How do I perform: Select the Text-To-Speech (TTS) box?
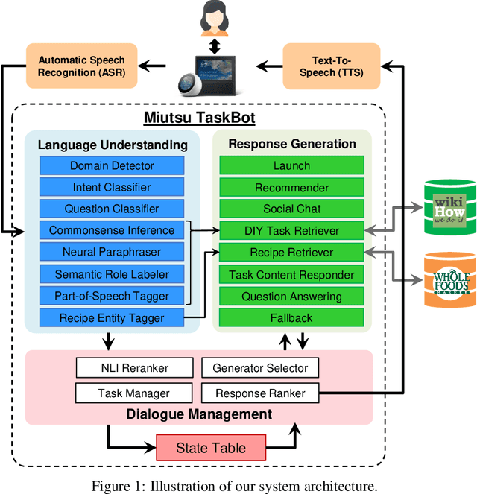332,66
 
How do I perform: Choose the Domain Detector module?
112,165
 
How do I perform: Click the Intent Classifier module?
112,187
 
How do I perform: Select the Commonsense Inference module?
112,230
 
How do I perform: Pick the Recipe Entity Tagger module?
112,318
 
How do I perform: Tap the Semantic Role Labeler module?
112,274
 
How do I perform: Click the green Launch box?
291,165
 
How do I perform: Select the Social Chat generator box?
291,209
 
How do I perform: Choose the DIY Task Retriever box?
291,230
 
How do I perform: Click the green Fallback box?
291,318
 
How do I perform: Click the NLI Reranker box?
134,367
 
